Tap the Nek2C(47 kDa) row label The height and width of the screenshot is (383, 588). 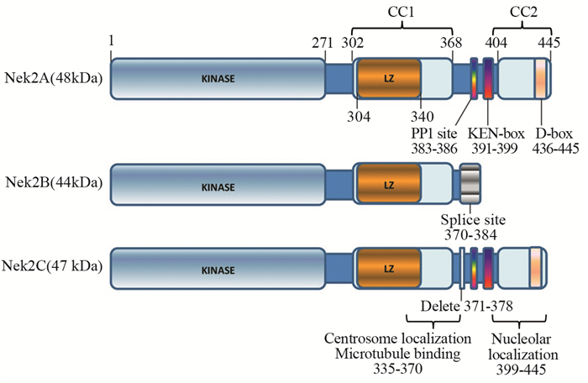tap(53, 268)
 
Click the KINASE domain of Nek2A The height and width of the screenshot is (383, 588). tap(218, 80)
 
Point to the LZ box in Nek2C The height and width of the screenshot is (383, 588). tap(388, 268)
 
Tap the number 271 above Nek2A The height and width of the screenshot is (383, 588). tap(323, 44)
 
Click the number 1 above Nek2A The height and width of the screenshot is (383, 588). tap(112, 40)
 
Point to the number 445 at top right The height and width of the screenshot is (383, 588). tap(551, 44)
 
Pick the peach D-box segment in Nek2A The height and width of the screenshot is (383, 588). tap(540, 80)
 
